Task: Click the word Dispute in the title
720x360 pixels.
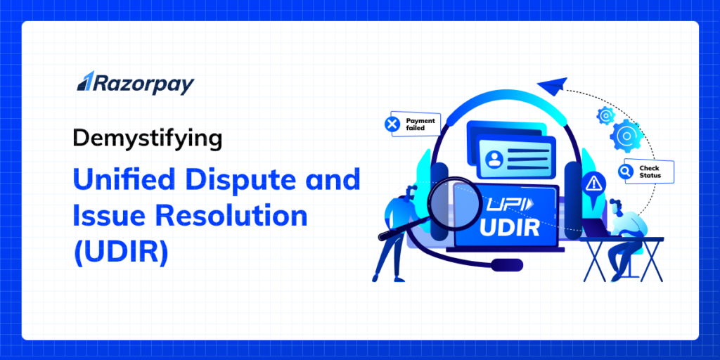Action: click(240, 180)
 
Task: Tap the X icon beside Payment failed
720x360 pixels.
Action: click(392, 124)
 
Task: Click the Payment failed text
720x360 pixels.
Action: click(420, 124)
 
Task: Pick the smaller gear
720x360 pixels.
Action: click(605, 115)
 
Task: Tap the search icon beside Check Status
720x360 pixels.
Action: click(625, 171)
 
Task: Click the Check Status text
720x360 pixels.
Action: click(649, 172)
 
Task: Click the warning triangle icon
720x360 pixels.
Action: click(592, 184)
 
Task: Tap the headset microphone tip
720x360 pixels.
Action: click(506, 264)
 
